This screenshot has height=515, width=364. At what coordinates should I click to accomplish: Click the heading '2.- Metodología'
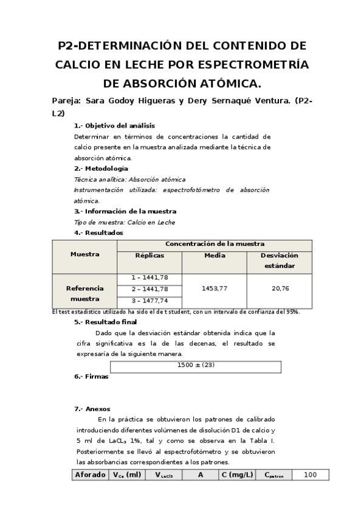[101, 168]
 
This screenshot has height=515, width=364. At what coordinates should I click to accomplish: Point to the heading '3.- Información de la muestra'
[125, 211]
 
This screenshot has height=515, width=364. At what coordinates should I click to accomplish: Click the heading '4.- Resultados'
[98, 233]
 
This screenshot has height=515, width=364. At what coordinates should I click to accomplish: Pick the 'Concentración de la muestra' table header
[215, 244]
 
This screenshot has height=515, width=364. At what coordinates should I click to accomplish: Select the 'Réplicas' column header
[149, 256]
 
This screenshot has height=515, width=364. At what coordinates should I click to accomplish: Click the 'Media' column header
[215, 256]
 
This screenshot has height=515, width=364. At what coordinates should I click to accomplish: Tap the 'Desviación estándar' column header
[280, 261]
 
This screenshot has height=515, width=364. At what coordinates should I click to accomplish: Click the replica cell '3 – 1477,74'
[149, 301]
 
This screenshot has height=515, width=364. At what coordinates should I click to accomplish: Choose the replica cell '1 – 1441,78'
[149, 278]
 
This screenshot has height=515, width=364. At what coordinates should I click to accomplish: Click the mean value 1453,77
[215, 289]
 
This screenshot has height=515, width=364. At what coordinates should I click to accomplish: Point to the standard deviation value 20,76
[280, 289]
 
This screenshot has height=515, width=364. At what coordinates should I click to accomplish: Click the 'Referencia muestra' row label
[84, 294]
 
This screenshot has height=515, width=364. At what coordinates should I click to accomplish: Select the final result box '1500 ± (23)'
[196, 366]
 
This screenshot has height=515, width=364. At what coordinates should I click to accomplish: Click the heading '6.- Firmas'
[91, 377]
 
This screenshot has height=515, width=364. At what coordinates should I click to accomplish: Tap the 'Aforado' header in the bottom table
[89, 474]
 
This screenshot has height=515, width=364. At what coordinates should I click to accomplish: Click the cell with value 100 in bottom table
[310, 474]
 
